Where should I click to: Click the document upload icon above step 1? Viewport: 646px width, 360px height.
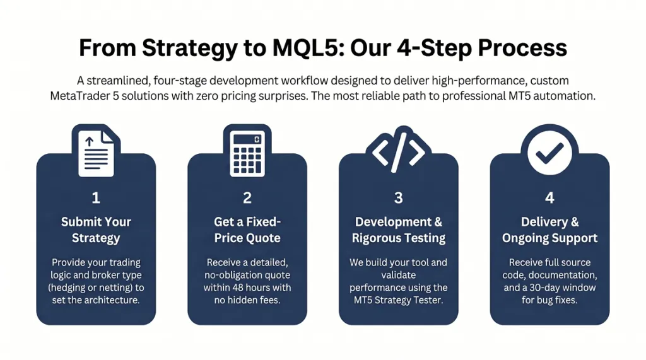(x=96, y=151)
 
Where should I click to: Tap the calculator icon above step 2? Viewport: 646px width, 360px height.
(x=247, y=151)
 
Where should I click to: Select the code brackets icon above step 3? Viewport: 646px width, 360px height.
(x=398, y=151)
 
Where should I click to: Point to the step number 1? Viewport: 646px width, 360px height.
(x=96, y=198)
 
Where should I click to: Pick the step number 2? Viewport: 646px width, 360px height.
(x=247, y=198)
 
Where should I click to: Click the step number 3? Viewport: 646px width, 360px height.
(x=399, y=198)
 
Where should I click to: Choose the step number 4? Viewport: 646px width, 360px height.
(x=549, y=198)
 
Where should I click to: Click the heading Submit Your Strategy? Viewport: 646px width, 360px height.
(x=96, y=230)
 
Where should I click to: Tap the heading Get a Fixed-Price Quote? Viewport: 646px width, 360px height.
(x=247, y=230)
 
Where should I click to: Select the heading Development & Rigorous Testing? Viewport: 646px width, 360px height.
(x=399, y=230)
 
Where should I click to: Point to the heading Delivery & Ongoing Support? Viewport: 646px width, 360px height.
(x=549, y=230)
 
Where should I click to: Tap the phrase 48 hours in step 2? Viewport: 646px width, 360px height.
(x=259, y=287)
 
